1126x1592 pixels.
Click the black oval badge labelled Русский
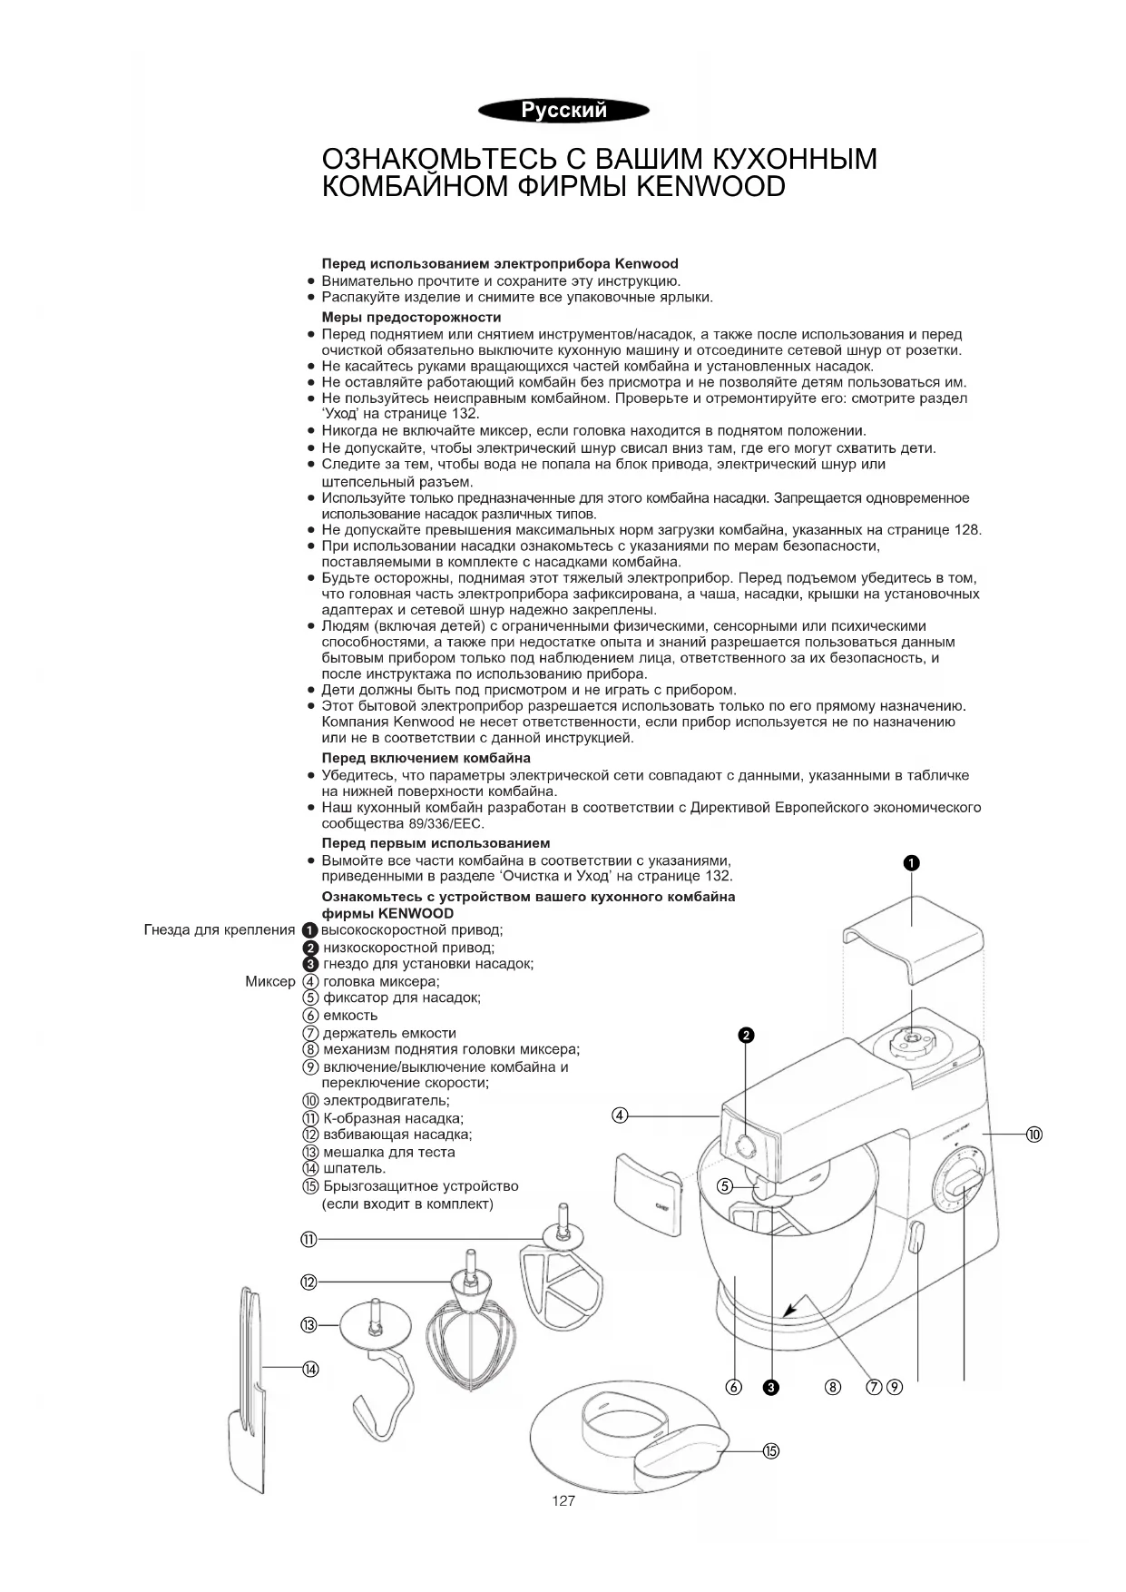tap(563, 111)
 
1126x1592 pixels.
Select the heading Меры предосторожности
tap(411, 318)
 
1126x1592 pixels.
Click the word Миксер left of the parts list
tap(270, 981)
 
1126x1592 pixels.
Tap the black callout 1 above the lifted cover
tap(912, 863)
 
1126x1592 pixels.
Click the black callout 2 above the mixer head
tap(746, 1036)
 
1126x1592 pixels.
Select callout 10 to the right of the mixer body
tap(1034, 1134)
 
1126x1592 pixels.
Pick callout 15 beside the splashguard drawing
tap(771, 1450)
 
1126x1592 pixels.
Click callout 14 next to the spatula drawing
tap(310, 1370)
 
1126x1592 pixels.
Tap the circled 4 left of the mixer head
tap(620, 1115)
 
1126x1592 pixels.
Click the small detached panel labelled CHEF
tap(647, 1194)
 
